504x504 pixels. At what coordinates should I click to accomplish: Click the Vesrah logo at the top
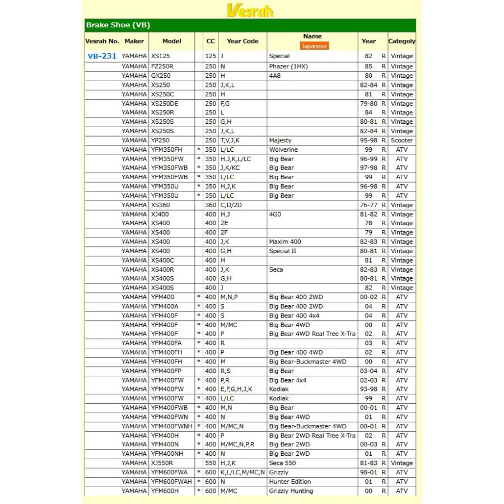[x=250, y=10]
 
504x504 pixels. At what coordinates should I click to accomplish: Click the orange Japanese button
[x=314, y=46]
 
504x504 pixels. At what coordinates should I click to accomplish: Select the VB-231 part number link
[x=101, y=57]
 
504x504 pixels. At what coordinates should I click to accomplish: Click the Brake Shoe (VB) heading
[x=118, y=25]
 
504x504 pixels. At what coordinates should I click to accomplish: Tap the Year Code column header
[x=242, y=41]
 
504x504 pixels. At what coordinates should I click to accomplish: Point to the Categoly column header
[x=402, y=41]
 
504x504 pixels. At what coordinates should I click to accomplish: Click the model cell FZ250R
[x=163, y=67]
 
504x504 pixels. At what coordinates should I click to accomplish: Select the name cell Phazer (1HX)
[x=288, y=67]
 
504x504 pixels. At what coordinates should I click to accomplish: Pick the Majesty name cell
[x=280, y=141]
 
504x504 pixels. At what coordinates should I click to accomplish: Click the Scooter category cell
[x=402, y=141]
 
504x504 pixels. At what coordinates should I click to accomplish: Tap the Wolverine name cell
[x=283, y=150]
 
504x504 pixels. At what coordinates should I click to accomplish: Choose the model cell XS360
[x=160, y=205]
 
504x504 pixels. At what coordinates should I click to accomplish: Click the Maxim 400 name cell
[x=284, y=242]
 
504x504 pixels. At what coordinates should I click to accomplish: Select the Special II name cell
[x=283, y=251]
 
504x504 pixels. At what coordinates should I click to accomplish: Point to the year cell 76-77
[x=368, y=205]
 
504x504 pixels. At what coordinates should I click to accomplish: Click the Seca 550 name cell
[x=283, y=463]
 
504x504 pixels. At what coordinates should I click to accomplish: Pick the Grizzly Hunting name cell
[x=291, y=491]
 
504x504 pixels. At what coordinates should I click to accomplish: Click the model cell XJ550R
[x=162, y=463]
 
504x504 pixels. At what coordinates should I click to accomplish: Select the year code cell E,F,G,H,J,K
[x=236, y=389]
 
